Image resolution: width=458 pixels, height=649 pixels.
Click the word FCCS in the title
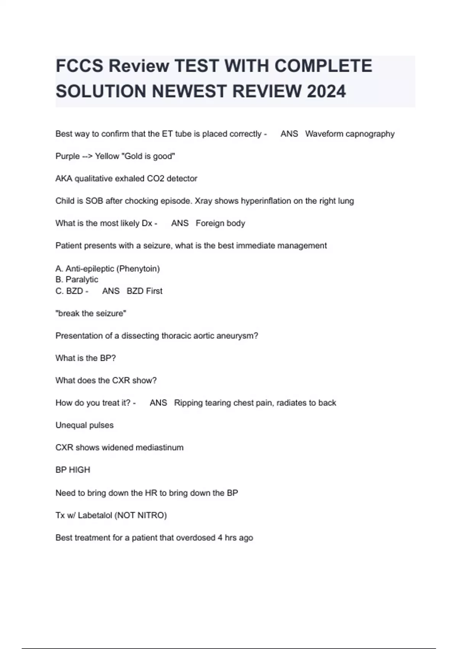(79, 66)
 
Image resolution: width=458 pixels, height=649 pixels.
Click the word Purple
(68, 156)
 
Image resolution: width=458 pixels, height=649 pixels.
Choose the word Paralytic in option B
(82, 279)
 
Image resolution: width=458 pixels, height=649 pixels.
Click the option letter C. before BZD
(60, 291)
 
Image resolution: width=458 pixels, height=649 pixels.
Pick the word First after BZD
(154, 291)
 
